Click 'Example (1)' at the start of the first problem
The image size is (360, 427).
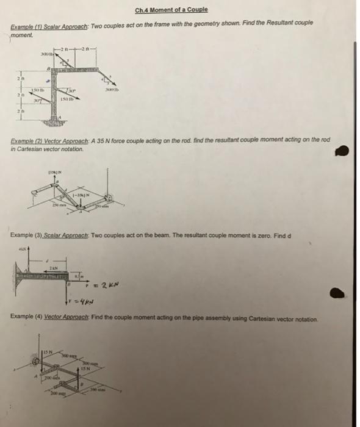click(x=27, y=29)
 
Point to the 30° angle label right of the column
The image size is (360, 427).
click(x=72, y=91)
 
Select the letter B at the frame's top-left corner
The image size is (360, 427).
click(x=48, y=70)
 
